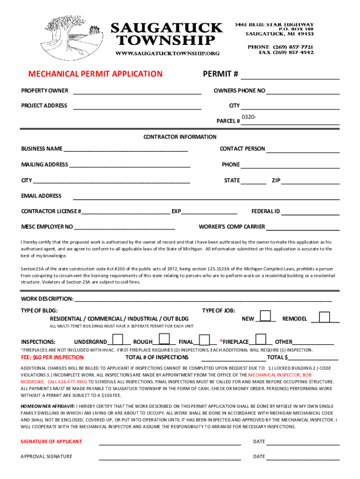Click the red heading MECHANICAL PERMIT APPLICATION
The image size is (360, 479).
[95, 74]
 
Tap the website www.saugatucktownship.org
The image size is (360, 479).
[168, 53]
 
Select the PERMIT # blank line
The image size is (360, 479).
[290, 78]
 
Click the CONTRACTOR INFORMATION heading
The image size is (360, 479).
[180, 137]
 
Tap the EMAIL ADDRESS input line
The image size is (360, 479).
[206, 198]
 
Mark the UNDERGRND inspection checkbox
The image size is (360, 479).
[118, 339]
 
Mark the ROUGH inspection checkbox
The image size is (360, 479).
[164, 339]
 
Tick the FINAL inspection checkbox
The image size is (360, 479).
[205, 339]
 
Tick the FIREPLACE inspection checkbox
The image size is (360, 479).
[261, 339]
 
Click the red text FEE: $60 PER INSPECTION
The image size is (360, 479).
[52, 357]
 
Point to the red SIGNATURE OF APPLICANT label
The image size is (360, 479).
[51, 442]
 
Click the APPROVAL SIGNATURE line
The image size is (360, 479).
[169, 458]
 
